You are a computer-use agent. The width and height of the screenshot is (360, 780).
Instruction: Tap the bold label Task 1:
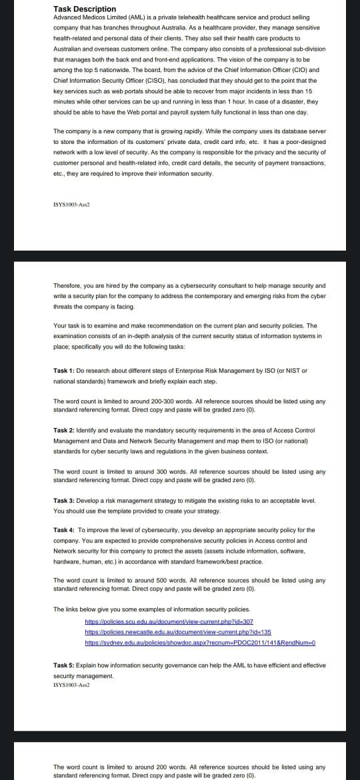(x=65, y=370)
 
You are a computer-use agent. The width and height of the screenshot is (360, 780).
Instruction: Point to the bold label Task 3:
(x=65, y=499)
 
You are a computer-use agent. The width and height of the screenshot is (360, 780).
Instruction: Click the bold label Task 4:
(x=65, y=530)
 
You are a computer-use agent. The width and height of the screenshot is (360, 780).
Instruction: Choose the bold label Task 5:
(x=65, y=647)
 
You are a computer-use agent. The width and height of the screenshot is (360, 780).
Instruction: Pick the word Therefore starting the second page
(x=69, y=285)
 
